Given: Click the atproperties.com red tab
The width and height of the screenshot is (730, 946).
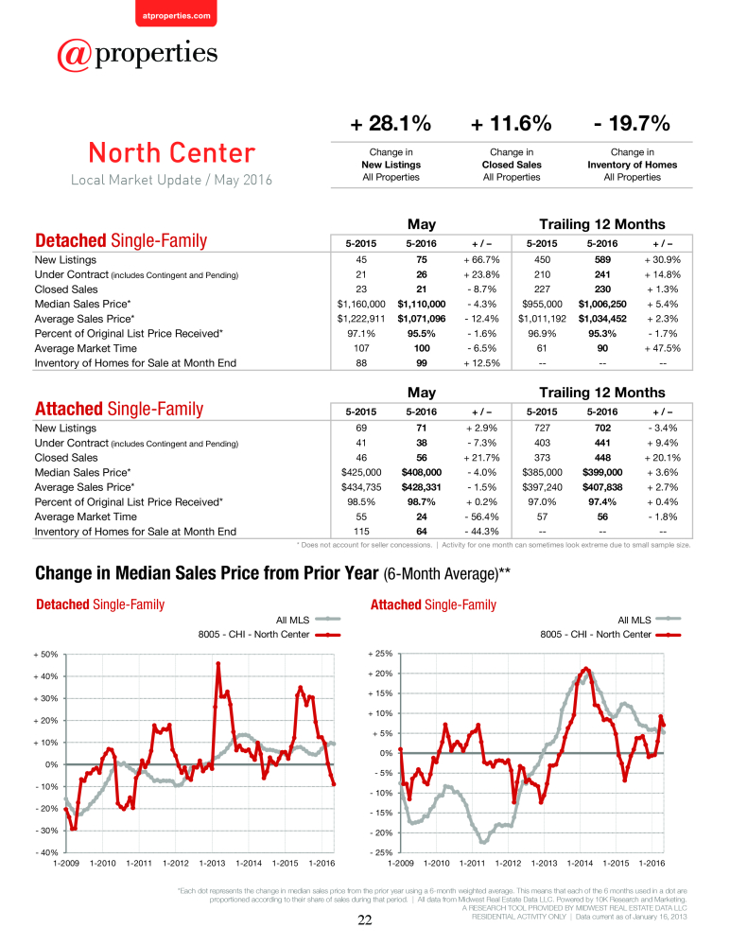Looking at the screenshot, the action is click(x=176, y=13).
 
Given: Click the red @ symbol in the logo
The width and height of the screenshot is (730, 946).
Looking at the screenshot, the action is click(x=75, y=55).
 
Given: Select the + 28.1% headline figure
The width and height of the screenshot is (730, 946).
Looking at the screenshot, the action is click(x=391, y=124).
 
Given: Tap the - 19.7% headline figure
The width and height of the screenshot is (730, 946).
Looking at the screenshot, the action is click(x=633, y=124).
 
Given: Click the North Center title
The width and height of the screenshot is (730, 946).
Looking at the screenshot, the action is click(x=172, y=152).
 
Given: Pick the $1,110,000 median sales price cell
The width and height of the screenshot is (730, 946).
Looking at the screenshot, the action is click(x=422, y=304).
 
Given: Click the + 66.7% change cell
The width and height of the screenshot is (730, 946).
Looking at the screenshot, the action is click(x=481, y=259).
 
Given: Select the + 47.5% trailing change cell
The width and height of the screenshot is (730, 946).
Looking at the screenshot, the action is click(x=663, y=348).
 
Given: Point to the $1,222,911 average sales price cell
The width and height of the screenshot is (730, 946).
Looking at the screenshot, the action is click(x=361, y=319).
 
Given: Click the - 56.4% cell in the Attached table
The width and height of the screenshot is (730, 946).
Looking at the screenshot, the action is click(x=481, y=517).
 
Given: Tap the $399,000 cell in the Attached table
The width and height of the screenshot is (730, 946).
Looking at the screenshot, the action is click(x=602, y=472).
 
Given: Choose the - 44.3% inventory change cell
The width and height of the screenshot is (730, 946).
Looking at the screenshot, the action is click(x=481, y=532).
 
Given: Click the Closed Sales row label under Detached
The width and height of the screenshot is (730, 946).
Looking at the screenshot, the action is click(x=66, y=289).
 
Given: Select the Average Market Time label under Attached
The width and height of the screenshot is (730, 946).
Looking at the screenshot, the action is click(x=86, y=517).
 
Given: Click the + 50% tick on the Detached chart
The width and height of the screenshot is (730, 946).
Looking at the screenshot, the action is click(x=45, y=655).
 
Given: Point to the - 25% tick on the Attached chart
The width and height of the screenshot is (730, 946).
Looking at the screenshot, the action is click(x=380, y=852).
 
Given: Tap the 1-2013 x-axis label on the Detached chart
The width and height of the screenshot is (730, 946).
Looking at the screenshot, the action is click(x=213, y=864).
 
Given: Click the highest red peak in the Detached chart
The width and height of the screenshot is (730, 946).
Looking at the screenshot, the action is click(x=217, y=664).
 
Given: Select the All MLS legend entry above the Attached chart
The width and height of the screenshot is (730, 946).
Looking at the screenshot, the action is click(x=650, y=620).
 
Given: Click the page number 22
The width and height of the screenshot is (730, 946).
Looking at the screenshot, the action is click(x=365, y=920).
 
